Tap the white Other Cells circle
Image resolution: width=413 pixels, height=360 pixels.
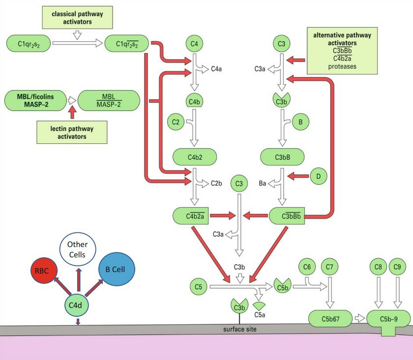[77, 250]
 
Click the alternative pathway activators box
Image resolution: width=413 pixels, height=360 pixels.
[342, 51]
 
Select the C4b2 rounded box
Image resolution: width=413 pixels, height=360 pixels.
[194, 157]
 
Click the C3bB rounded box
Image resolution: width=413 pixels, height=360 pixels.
[282, 157]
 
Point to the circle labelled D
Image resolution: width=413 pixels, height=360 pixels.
[319, 176]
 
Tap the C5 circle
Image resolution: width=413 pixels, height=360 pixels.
[199, 286]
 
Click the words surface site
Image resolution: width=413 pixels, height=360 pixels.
[236, 329]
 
